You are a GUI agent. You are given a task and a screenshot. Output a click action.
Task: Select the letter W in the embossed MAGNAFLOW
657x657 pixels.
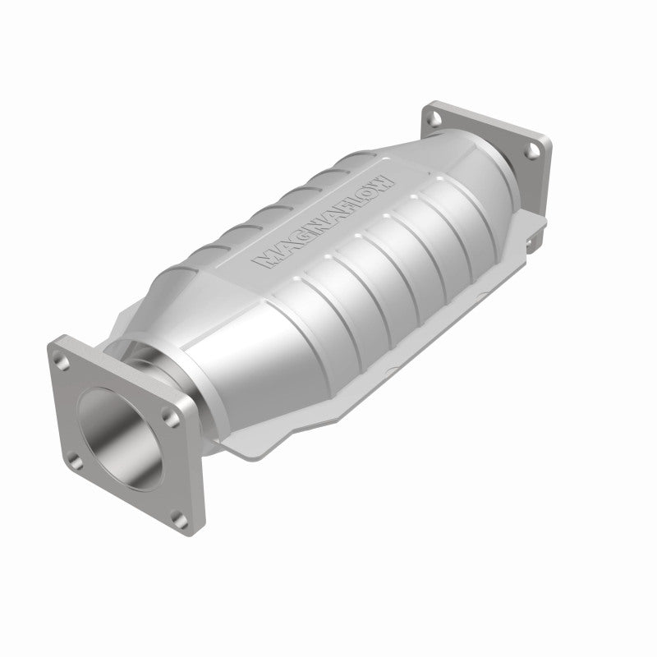pos(387,178)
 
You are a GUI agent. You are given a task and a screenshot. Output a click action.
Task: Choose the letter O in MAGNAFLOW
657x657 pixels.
pos(371,189)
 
